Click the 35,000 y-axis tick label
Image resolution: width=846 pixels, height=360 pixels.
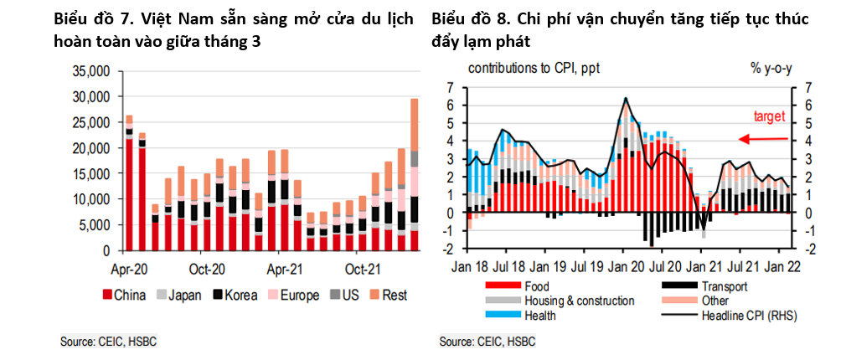pos(92,71)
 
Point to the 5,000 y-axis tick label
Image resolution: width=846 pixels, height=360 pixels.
pos(95,225)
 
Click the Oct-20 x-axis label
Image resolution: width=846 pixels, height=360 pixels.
pos(207,270)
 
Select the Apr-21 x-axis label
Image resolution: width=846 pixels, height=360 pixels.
pos(285,270)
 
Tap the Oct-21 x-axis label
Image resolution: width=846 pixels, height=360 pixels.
pos(363,270)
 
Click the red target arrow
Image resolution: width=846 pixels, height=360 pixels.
pos(762,140)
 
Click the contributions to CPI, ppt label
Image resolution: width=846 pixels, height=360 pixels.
pos(534,69)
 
